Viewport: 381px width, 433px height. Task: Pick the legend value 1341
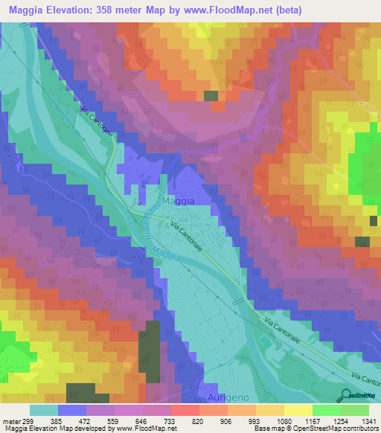(x=369, y=420)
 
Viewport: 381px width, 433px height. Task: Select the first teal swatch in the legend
(x=43, y=410)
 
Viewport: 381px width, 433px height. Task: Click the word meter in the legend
(x=10, y=420)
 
